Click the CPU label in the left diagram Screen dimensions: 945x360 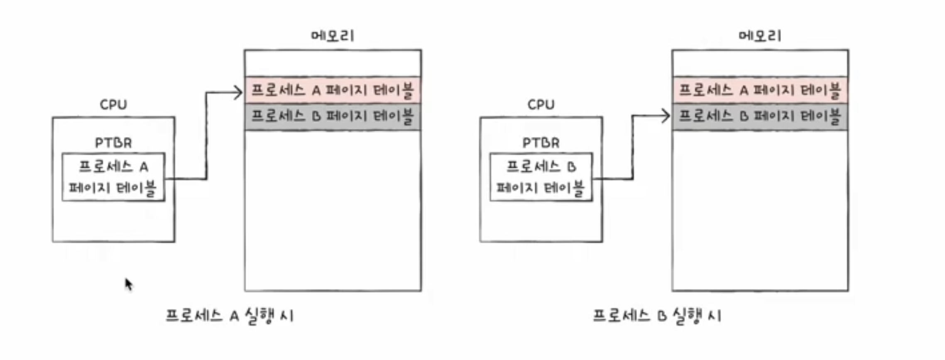113,105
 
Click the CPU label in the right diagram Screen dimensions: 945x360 541,105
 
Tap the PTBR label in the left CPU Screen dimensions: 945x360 113,143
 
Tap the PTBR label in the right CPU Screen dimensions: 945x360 541,143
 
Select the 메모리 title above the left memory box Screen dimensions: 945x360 333,36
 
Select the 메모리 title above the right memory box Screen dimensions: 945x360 760,36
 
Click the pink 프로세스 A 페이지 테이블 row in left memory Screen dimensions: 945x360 333,90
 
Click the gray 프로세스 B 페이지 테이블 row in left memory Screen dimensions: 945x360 333,117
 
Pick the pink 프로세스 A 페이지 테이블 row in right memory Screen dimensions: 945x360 760,90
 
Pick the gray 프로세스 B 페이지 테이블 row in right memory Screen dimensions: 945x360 760,117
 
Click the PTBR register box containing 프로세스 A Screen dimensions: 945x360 113,177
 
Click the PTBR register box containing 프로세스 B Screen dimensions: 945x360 541,177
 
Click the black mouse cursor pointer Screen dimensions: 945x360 129,284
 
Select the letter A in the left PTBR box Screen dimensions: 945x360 144,167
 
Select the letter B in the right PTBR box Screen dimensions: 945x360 572,167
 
